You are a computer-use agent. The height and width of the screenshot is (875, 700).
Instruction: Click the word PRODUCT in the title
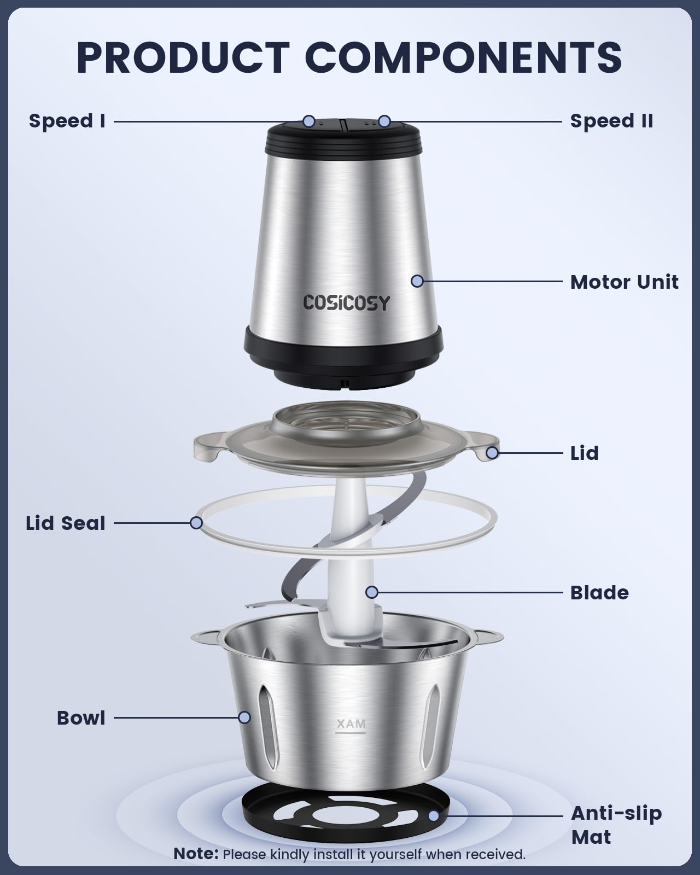tap(183, 56)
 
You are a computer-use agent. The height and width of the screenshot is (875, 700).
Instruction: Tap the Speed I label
tap(67, 121)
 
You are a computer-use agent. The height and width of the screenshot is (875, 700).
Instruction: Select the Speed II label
tap(611, 121)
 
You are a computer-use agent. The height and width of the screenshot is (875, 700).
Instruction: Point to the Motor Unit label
tap(624, 282)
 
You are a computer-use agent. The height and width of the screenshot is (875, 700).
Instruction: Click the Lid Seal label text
tap(66, 523)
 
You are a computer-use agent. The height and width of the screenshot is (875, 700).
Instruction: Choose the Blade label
tap(599, 593)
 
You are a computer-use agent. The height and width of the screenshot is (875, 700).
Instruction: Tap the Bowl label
tap(81, 718)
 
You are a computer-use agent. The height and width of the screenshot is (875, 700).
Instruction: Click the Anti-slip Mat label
tap(616, 825)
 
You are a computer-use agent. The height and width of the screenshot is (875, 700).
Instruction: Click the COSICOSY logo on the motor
tap(347, 302)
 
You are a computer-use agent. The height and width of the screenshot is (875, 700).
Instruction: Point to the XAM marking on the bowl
tap(351, 724)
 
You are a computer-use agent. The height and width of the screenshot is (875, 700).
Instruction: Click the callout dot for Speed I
tap(309, 121)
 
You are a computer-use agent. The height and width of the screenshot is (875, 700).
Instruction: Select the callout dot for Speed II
tap(384, 121)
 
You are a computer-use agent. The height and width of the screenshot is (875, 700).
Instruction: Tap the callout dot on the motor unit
tap(417, 281)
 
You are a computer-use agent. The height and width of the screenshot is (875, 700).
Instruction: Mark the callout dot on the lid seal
tap(196, 523)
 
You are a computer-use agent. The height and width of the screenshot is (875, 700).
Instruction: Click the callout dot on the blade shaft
tap(372, 592)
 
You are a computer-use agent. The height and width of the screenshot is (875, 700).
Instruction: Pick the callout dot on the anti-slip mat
tap(434, 816)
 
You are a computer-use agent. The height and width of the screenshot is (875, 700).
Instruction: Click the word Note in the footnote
tap(196, 854)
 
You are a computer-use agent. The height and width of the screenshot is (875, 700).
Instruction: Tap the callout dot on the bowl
tap(244, 717)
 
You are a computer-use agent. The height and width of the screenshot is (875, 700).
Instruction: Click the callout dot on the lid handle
tap(492, 452)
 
